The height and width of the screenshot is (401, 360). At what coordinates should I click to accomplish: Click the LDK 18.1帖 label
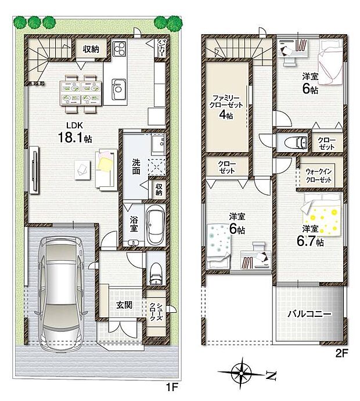pyautogui.click(x=75, y=133)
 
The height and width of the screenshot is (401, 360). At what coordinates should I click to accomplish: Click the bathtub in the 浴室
pyautogui.click(x=154, y=227)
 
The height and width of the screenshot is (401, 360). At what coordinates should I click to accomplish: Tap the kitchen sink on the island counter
pyautogui.click(x=118, y=90)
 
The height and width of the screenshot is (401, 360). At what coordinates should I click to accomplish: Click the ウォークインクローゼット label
pyautogui.click(x=318, y=176)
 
